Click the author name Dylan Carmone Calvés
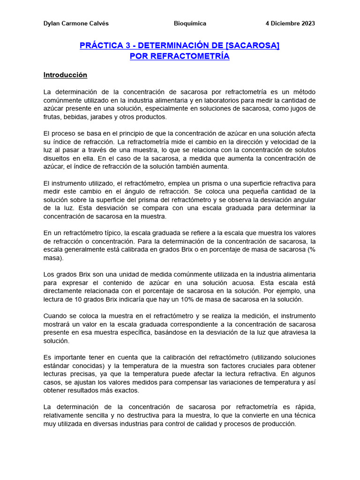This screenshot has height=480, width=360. pyautogui.click(x=75, y=23)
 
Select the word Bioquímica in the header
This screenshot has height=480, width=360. pyautogui.click(x=190, y=23)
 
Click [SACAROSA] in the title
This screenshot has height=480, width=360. pyautogui.click(x=253, y=46)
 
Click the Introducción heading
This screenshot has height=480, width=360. pyautogui.click(x=65, y=75)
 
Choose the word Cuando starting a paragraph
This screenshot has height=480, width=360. pyautogui.click(x=55, y=316)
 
